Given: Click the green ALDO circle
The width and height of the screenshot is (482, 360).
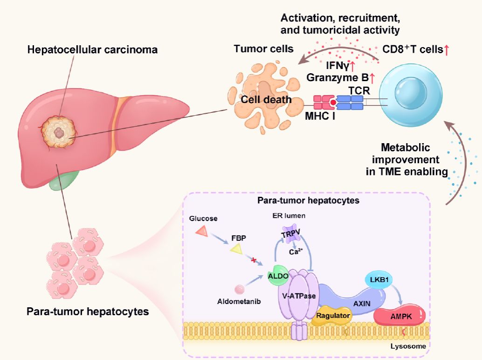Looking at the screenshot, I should click(x=276, y=276).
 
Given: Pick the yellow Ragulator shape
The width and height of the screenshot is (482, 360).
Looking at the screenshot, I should click(x=333, y=315).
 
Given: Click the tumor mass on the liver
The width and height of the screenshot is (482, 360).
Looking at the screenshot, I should click(x=58, y=132).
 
